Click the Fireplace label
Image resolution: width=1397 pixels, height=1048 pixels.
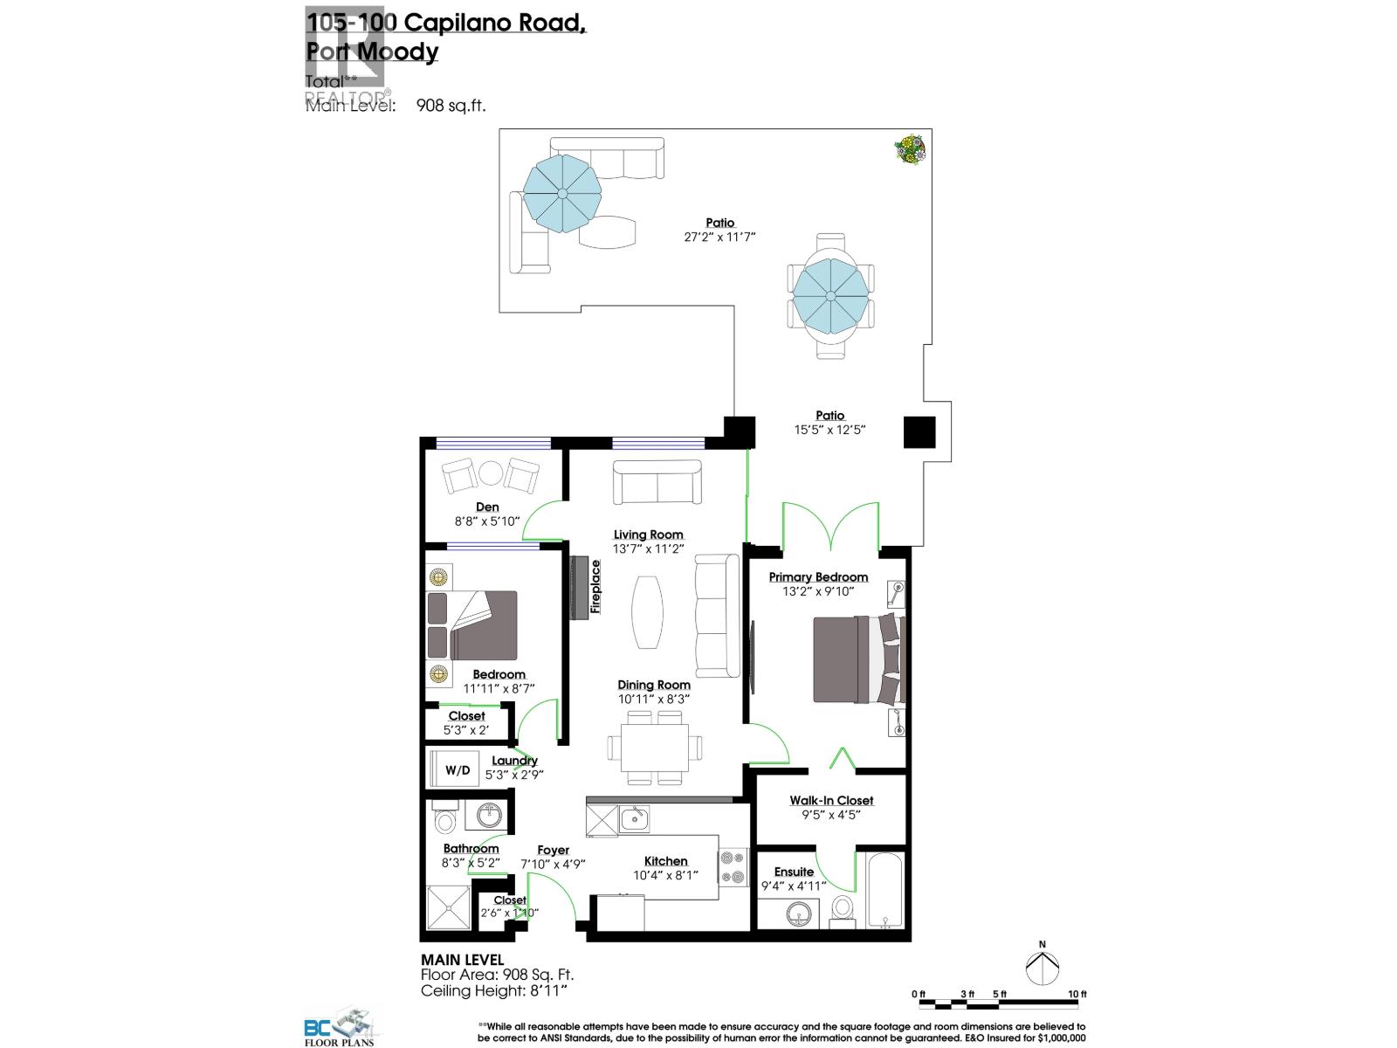[595, 587]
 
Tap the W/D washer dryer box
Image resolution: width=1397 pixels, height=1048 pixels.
[457, 769]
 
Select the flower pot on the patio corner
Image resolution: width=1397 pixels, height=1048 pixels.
[911, 149]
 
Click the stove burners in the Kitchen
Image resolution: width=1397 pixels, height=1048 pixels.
[732, 867]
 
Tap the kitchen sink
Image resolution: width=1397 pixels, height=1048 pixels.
[634, 818]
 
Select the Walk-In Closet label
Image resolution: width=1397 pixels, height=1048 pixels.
[831, 800]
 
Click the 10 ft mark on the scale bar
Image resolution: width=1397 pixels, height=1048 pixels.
[1077, 995]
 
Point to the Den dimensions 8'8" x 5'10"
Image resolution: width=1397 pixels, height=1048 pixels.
[487, 521]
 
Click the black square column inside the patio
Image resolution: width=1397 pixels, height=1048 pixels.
[919, 431]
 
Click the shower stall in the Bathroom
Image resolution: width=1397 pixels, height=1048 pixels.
[448, 908]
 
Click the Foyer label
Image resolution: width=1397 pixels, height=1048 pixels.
[553, 850]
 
